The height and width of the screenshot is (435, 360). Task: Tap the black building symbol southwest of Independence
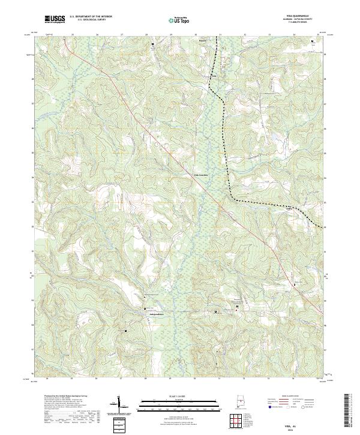tap(126, 330)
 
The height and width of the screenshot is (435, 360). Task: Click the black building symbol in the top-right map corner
tap(312, 41)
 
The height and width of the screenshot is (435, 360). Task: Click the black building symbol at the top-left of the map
tap(152, 44)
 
